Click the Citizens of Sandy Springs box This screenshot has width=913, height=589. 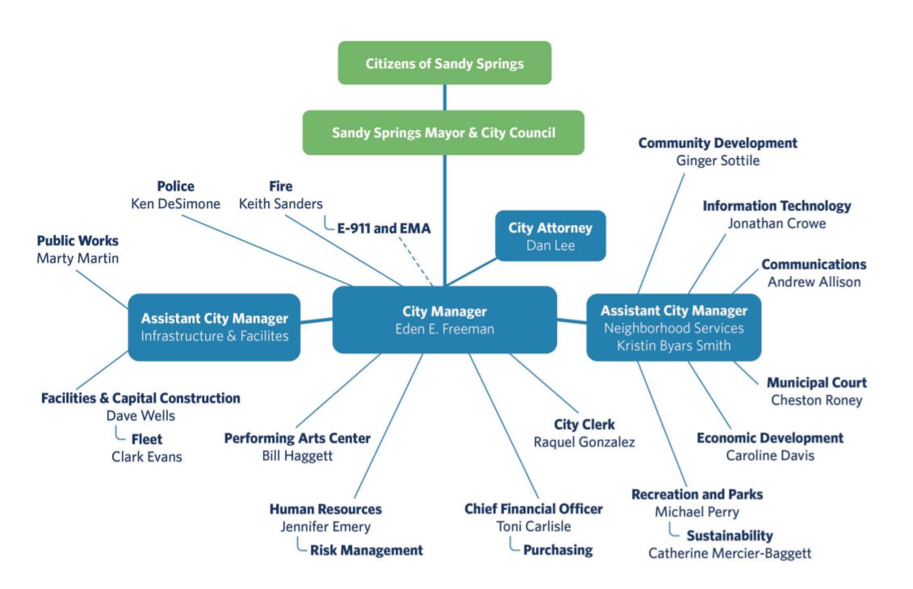tap(444, 63)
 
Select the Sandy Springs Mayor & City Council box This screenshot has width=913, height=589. tap(443, 132)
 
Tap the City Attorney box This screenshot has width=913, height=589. tap(550, 236)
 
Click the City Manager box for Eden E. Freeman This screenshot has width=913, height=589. tap(444, 320)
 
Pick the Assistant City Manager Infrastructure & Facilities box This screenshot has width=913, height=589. tap(214, 328)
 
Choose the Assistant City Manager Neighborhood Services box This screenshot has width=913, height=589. tap(673, 327)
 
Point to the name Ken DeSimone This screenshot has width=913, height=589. tap(175, 204)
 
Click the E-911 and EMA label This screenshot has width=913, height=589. tap(383, 228)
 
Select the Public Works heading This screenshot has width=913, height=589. tap(77, 240)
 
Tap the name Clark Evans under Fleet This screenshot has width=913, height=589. tap(147, 457)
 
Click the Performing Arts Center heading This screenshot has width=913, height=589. tap(297, 438)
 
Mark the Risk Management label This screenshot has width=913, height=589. tap(366, 550)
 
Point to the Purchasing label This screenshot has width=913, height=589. tap(558, 550)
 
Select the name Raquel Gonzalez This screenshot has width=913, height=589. tap(584, 442)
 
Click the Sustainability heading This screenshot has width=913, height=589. tap(729, 536)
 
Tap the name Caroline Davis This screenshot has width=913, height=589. tap(769, 456)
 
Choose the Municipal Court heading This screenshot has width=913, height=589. tap(816, 382)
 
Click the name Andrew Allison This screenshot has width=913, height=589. tap(814, 282)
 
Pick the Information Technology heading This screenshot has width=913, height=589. tap(777, 206)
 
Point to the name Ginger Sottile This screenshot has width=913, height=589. tap(718, 161)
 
